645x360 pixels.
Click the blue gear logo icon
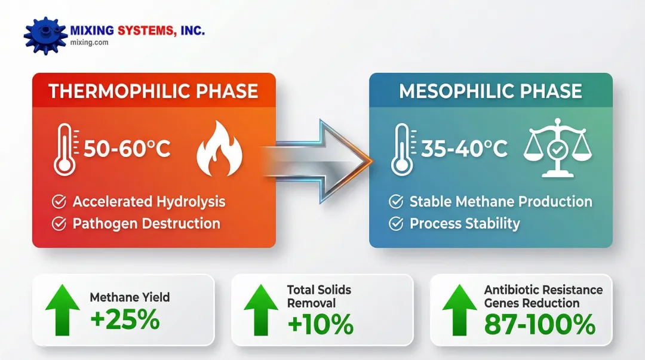[x=45, y=35]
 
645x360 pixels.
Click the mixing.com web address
[x=89, y=42]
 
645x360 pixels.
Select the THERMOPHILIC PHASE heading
[x=153, y=91]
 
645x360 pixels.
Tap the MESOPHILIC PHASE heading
[x=490, y=91]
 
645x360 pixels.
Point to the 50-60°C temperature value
[x=127, y=148]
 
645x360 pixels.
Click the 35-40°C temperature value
[x=465, y=148]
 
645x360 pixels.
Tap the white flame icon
[x=219, y=149]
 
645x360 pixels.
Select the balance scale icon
[x=557, y=148]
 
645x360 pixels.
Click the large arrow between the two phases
[x=317, y=161]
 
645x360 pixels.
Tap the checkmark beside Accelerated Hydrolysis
[x=59, y=202]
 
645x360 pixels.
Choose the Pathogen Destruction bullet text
[x=146, y=223]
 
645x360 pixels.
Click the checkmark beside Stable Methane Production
[x=396, y=202]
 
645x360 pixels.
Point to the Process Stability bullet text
[x=465, y=223]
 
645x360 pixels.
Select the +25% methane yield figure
[x=125, y=319]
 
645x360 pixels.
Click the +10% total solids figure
[x=321, y=324]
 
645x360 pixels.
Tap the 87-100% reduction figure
[x=540, y=324]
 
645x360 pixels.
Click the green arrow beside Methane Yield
[x=63, y=310]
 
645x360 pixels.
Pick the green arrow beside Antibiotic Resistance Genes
[x=459, y=310]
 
